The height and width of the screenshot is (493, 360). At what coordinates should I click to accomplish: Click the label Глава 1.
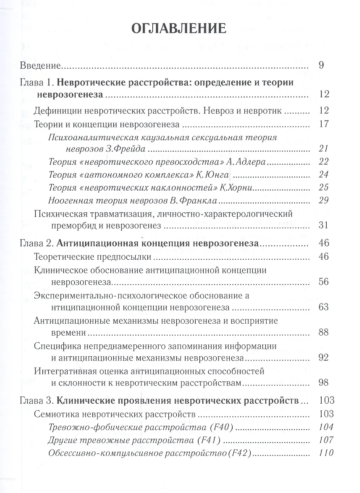pyautogui.click(x=37, y=82)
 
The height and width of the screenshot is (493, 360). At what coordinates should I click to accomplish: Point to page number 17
pyautogui.click(x=323, y=124)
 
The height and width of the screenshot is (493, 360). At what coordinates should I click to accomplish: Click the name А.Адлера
pyautogui.click(x=246, y=162)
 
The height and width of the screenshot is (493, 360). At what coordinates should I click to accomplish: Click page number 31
pyautogui.click(x=323, y=225)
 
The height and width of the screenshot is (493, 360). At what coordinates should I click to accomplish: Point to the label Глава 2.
pyautogui.click(x=37, y=243)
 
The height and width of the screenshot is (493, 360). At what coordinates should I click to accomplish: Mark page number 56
pyautogui.click(x=323, y=281)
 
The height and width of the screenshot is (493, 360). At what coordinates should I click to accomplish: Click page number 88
pyautogui.click(x=323, y=332)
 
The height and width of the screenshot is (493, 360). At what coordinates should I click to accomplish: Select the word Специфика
pyautogui.click(x=56, y=346)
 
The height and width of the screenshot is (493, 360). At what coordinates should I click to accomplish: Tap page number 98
pyautogui.click(x=323, y=383)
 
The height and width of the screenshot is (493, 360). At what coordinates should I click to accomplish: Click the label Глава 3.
pyautogui.click(x=37, y=401)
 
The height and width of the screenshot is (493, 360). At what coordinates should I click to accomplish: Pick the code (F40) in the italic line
pyautogui.click(x=223, y=427)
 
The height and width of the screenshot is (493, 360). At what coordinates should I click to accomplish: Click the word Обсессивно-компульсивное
pyautogui.click(x=100, y=453)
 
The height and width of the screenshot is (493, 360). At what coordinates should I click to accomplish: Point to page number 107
pyautogui.click(x=326, y=440)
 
